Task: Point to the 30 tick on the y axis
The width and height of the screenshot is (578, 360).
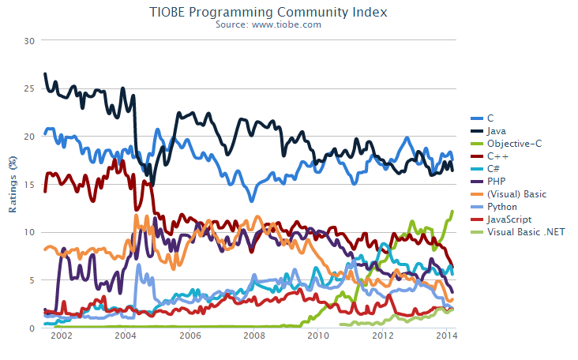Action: (29, 40)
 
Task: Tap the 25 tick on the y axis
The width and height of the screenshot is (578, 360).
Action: (29, 88)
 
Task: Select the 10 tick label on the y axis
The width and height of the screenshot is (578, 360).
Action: (29, 232)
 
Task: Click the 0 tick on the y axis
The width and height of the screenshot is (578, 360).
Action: (32, 328)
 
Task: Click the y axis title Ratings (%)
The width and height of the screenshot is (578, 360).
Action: (13, 184)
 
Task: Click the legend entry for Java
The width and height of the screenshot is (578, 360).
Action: (497, 130)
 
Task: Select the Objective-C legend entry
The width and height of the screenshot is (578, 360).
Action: (513, 143)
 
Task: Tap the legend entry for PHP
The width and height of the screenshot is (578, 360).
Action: (497, 181)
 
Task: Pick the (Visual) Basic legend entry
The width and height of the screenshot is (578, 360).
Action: (516, 193)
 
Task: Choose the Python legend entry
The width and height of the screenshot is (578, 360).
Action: (502, 206)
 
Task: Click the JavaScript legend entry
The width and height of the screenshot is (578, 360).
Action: (509, 219)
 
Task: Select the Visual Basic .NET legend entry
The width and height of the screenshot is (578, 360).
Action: (522, 231)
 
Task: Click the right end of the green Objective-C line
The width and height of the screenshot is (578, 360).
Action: (452, 212)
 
